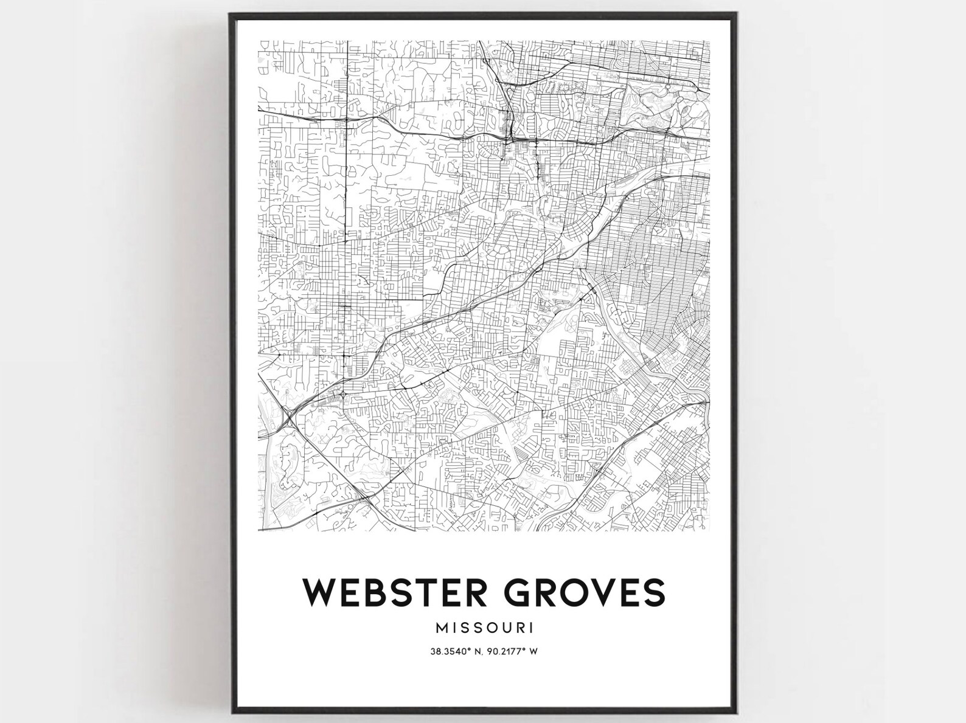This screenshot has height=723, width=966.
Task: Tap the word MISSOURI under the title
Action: [484, 626]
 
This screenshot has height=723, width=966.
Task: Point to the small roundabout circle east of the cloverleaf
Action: [344, 395]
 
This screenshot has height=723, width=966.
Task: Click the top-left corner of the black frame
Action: [231, 14]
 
